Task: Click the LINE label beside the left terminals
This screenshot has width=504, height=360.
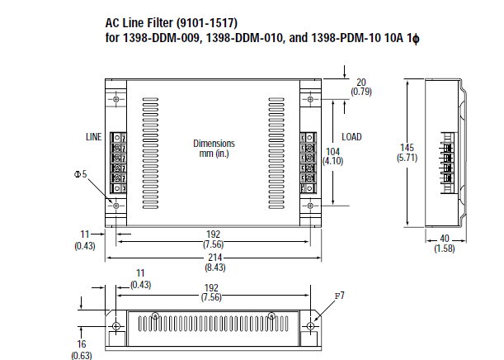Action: pos(94,135)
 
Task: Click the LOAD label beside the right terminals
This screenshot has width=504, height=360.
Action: pos(352,136)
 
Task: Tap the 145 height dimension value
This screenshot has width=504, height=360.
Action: pos(405,147)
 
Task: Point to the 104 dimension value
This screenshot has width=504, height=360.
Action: pos(333,153)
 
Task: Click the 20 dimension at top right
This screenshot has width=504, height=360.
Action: pos(361,82)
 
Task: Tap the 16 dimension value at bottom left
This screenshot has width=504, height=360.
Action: pos(82,346)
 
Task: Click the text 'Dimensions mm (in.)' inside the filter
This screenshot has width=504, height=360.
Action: pos(214,148)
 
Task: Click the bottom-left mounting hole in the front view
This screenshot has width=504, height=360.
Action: pos(115,204)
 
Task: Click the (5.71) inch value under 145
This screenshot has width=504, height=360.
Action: pos(405,157)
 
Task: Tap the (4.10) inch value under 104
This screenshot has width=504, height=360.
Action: pos(333,162)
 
